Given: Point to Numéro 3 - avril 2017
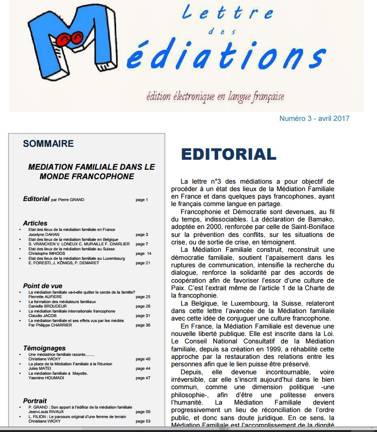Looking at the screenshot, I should click(314, 118).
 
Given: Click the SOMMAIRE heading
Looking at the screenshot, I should click(48, 144).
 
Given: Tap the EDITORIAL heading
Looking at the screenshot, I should click(228, 154).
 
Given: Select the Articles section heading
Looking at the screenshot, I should click(35, 223).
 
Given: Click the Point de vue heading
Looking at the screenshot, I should click(42, 286).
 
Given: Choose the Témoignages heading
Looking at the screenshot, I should click(44, 348).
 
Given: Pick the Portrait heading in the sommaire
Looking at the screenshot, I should click(35, 401).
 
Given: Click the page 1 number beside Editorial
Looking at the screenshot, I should click(142, 200).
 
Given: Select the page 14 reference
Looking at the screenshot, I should click(143, 253).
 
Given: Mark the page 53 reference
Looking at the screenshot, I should click(143, 421).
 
